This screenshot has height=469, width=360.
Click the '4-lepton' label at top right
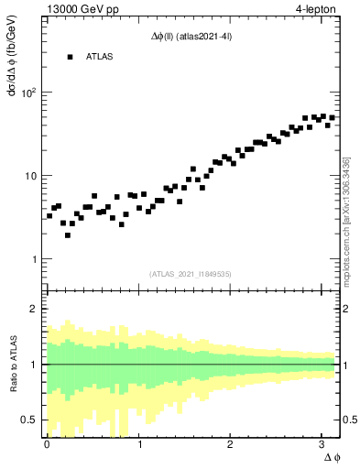[316, 9]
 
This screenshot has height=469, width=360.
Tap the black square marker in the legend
[69, 57]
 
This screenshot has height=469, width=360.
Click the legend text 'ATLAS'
[100, 57]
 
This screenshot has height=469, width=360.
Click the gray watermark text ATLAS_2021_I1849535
[190, 273]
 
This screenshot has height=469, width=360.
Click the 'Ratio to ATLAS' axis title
[12, 364]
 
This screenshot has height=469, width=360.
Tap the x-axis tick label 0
[47, 444]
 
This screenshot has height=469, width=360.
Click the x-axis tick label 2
[230, 444]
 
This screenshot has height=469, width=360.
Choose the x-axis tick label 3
[322, 444]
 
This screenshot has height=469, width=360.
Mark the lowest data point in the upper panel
[68, 235]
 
